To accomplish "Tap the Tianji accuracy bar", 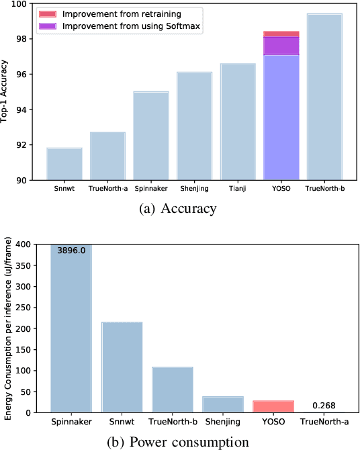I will pyautogui.click(x=238, y=122).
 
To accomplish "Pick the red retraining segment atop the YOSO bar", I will pyautogui.click(x=281, y=34).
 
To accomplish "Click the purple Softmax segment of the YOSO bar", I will pyautogui.click(x=281, y=46).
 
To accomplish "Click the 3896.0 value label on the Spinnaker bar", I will pyautogui.click(x=72, y=250).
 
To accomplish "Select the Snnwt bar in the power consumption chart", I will pyautogui.click(x=122, y=367).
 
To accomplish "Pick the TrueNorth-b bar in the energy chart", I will pyautogui.click(x=172, y=390).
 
